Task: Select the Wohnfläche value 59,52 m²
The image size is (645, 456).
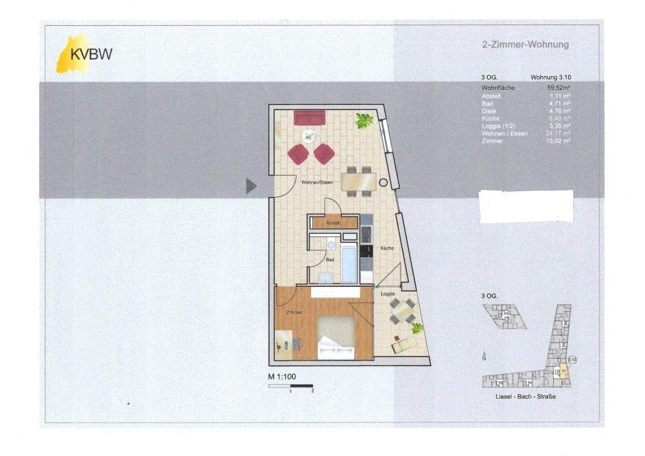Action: [x=559, y=88]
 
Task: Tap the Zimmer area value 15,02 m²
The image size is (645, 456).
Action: [x=559, y=142]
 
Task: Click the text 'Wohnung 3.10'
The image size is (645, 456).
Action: [x=551, y=77]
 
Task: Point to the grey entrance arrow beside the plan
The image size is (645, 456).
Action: [x=251, y=186]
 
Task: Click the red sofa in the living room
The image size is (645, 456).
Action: [x=309, y=118]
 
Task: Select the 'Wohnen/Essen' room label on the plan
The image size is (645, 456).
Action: [x=317, y=182]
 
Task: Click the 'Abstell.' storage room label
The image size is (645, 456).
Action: [x=333, y=223]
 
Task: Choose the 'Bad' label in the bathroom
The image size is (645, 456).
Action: [x=329, y=259]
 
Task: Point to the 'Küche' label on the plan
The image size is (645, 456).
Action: [x=387, y=248]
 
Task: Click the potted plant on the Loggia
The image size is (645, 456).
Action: [x=417, y=328]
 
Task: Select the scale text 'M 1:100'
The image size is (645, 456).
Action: [x=282, y=377]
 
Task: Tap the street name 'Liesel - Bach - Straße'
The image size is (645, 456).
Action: [x=526, y=397]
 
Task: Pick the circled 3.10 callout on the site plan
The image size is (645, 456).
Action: [x=572, y=359]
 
